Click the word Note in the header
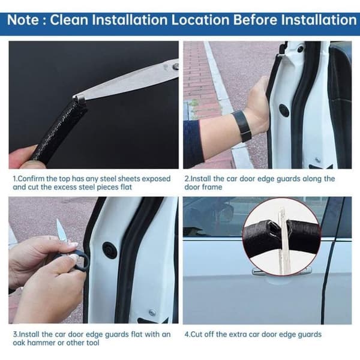click(x=23, y=20)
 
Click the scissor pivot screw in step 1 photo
click(x=176, y=67)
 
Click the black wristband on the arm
click(x=241, y=125)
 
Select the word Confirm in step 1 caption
click(x=31, y=179)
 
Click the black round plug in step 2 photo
click(x=284, y=110)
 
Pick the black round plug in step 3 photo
click(x=110, y=250)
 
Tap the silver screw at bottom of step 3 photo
click(x=152, y=312)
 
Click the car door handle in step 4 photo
click(x=282, y=272)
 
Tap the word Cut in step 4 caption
click(x=196, y=334)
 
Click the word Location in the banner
click(x=200, y=20)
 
